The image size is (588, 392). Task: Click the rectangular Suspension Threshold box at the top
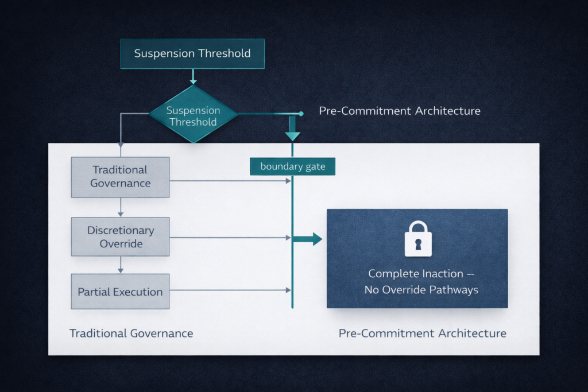[192, 53]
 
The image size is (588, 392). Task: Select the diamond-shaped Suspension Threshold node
[193, 115]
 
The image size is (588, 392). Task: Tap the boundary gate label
[292, 166]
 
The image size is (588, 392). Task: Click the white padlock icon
[417, 239]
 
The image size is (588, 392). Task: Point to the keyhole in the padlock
[417, 243]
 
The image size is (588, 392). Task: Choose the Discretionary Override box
[120, 236]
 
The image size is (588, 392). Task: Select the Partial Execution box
[120, 292]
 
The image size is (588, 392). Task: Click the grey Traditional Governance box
[120, 177]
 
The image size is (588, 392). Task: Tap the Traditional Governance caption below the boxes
[131, 333]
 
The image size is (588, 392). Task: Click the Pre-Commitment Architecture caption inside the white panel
[422, 333]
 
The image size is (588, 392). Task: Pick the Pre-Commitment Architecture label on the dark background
[400, 111]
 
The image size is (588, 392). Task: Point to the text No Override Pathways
[421, 290]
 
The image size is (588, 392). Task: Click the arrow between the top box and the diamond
[193, 77]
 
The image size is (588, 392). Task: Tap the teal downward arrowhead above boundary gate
[292, 135]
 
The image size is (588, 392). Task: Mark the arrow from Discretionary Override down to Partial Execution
[120, 265]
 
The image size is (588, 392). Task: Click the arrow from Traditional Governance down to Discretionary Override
[120, 207]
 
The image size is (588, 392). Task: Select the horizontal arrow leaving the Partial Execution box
[230, 290]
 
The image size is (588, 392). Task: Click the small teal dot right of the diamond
[301, 114]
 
